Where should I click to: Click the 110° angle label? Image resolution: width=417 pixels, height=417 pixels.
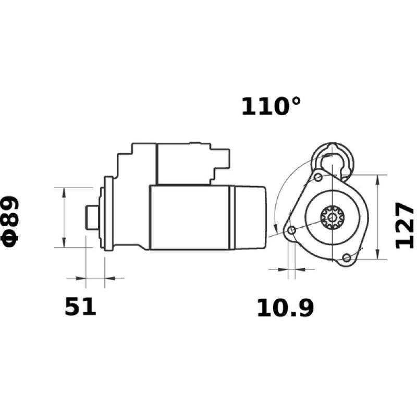271,106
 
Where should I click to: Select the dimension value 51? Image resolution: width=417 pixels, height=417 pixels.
81,307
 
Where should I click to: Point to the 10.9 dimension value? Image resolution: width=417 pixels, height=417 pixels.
285,309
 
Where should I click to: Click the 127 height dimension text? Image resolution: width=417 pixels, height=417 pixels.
404,225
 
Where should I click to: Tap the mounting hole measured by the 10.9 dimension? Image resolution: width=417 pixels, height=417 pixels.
291,230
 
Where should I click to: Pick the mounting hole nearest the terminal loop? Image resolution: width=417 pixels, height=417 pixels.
318,177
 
